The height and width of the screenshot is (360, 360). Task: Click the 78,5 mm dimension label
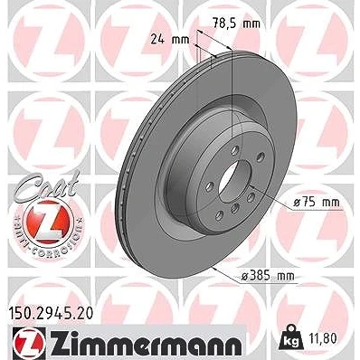click(236, 24)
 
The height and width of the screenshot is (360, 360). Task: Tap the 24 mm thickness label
click(170, 39)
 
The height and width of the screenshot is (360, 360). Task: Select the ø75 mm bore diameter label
click(317, 203)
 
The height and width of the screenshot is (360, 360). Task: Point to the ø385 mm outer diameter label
click(268, 276)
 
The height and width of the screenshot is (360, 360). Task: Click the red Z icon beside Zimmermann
click(29, 343)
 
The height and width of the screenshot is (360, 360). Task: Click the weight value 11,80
click(323, 338)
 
